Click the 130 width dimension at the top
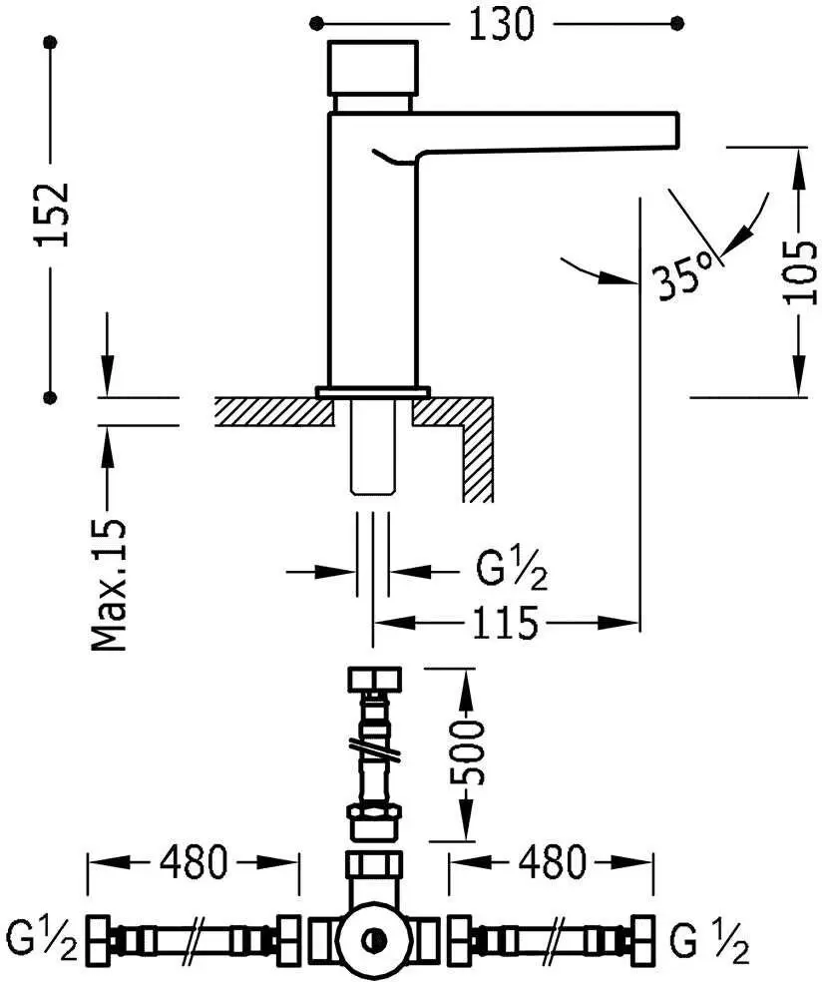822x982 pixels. [x=502, y=24]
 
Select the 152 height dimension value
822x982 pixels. [x=53, y=215]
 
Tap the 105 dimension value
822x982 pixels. [x=801, y=272]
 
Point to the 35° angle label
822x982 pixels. [x=682, y=275]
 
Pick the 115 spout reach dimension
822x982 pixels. [x=505, y=623]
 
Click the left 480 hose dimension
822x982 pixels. [x=193, y=862]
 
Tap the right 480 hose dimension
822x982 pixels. [x=552, y=862]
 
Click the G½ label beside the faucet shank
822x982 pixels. [x=512, y=572]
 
